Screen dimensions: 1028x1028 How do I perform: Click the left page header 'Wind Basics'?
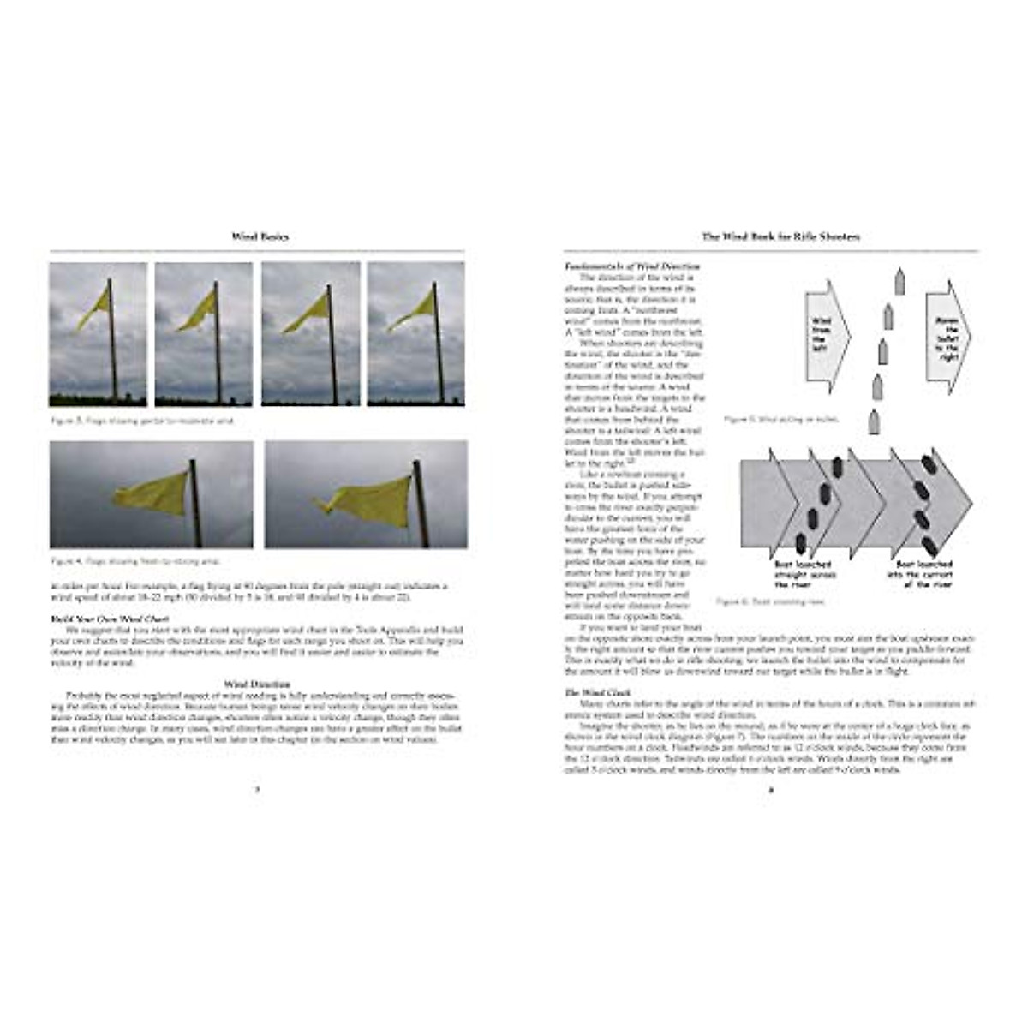tap(260, 236)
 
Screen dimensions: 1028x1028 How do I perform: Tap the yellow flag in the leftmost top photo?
tap(94, 308)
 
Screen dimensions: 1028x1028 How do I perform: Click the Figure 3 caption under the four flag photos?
tap(142, 421)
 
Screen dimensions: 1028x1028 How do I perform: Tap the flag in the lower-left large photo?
tap(152, 495)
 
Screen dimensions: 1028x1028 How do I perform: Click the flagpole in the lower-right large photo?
tap(421, 503)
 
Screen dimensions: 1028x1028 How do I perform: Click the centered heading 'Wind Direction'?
tap(257, 684)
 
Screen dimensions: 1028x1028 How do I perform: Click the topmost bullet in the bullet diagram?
tap(899, 281)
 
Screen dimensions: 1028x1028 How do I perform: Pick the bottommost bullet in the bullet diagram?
tap(873, 421)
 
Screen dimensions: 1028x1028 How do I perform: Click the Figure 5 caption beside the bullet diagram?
tap(781, 420)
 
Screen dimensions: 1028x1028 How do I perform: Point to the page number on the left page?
tap(257, 790)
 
